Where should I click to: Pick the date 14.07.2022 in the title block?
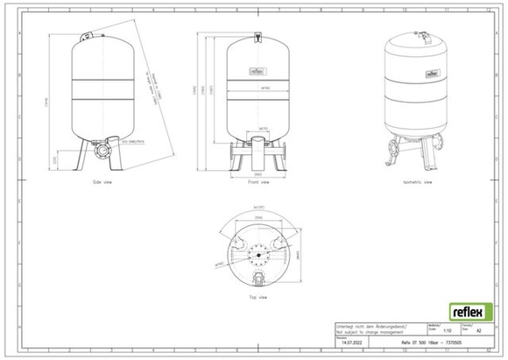[350, 344]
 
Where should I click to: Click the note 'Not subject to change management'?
[368, 331]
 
